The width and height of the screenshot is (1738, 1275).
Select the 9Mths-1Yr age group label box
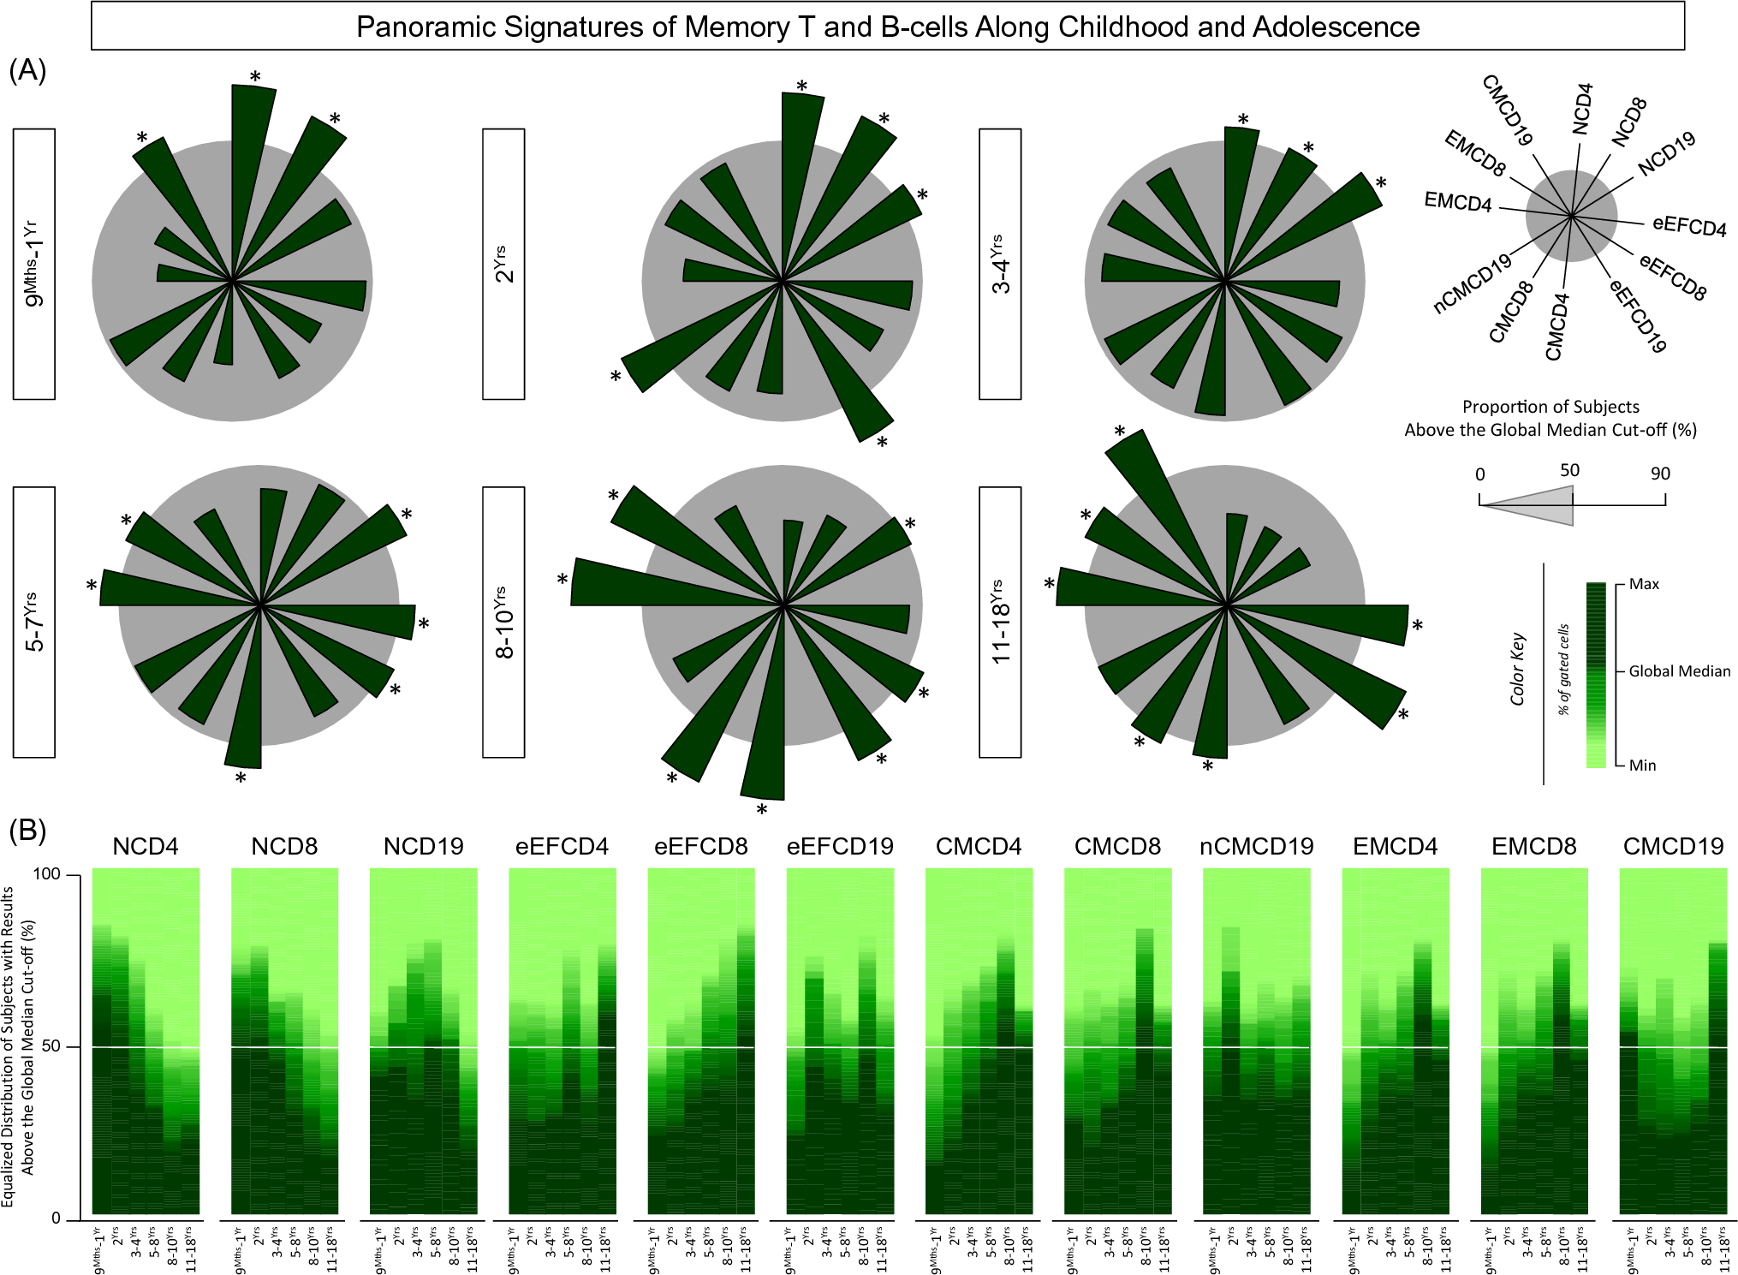[x=34, y=264]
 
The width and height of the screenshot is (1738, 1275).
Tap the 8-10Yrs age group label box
[x=503, y=623]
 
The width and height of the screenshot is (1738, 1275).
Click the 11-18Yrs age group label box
[x=1000, y=623]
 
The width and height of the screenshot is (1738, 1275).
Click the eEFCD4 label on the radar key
[x=1688, y=226]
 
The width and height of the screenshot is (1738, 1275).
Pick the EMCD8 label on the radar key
[x=1474, y=153]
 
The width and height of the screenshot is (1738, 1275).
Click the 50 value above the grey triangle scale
[x=1569, y=470]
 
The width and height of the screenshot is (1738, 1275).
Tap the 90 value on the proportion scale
[x=1660, y=474]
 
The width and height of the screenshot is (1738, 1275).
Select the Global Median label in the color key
[x=1679, y=671]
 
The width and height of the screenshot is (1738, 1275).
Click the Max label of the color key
[x=1644, y=584]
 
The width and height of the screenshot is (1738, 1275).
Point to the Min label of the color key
[x=1642, y=766]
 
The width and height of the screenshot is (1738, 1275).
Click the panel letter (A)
[x=27, y=70]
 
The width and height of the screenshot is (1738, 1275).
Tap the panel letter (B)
[x=27, y=830]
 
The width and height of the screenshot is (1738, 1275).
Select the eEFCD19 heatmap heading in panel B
[x=839, y=847]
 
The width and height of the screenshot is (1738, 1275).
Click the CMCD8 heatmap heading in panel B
[x=1117, y=847]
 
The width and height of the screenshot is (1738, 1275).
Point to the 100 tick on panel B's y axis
[x=46, y=874]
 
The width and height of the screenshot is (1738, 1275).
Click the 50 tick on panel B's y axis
[x=51, y=1046]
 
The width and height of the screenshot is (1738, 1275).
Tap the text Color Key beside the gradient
[x=1517, y=669]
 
